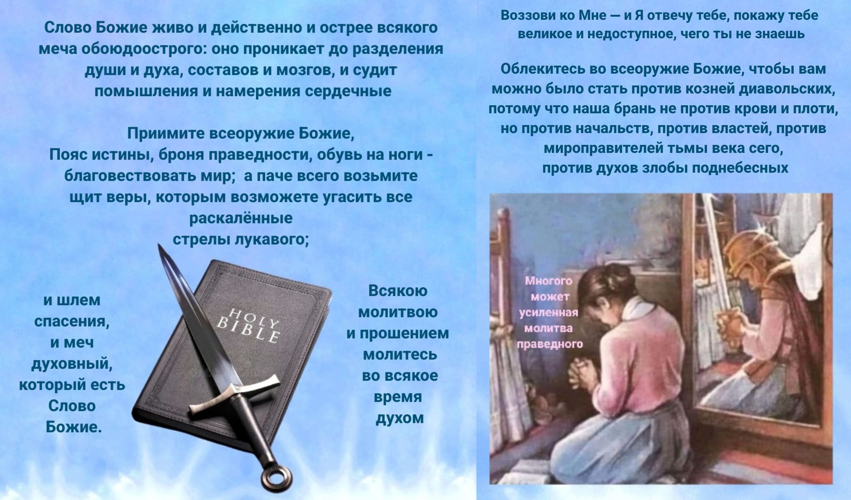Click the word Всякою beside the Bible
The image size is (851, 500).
pyautogui.click(x=398, y=291)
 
